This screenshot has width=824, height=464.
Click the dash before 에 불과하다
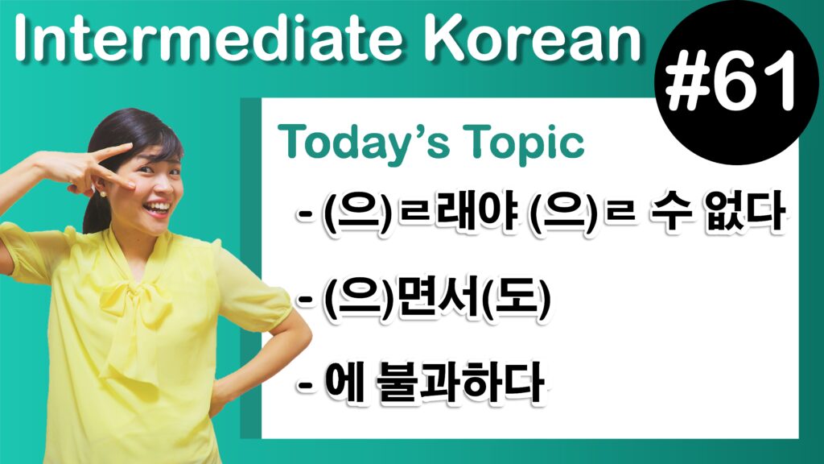[x=305, y=383]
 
